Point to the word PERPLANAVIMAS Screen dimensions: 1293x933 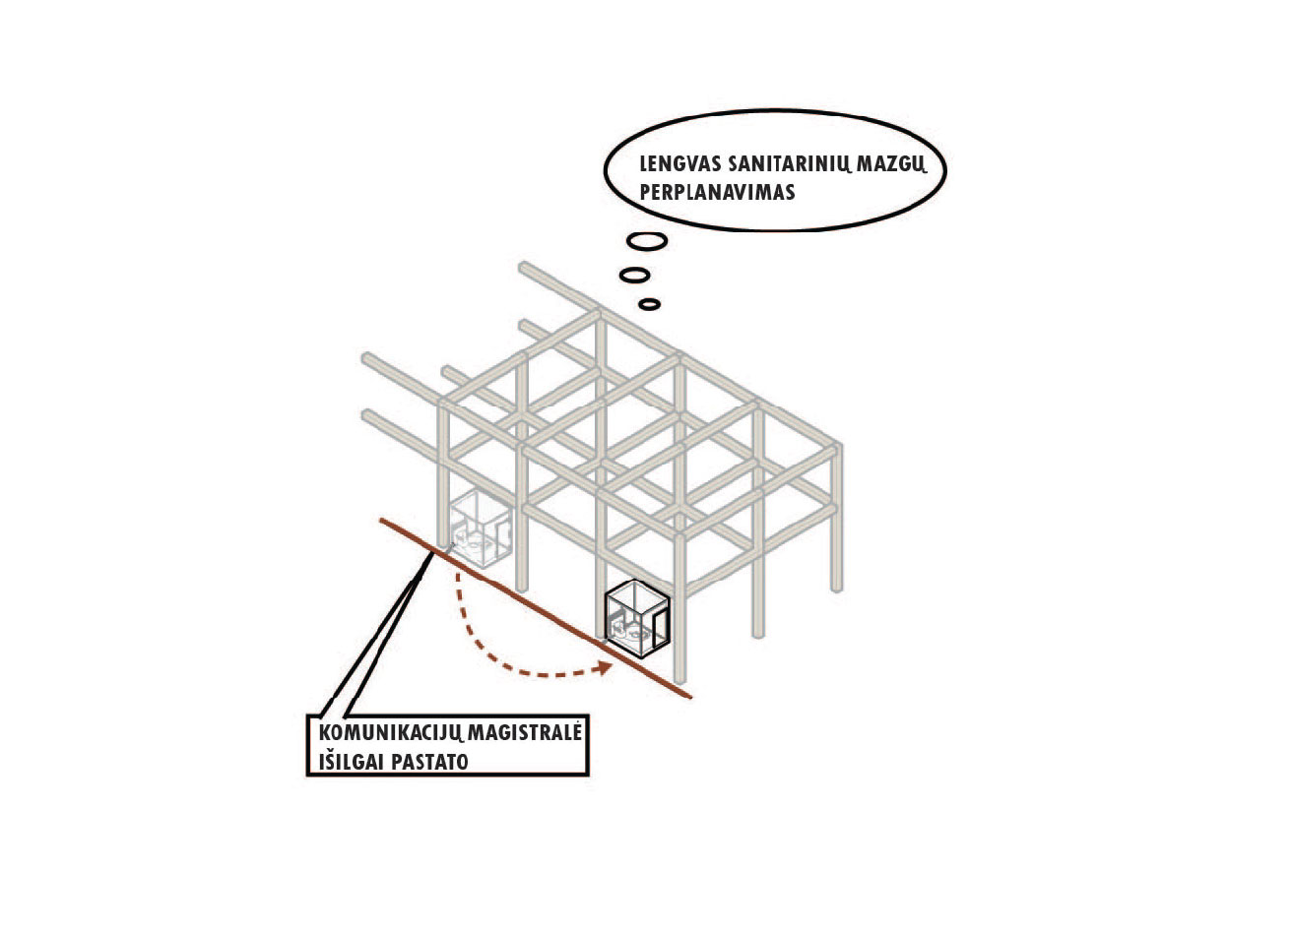coord(717,192)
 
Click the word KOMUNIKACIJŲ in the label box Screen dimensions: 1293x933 coord(390,733)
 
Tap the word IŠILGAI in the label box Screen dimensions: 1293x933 coord(352,761)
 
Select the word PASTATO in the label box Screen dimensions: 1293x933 coord(429,762)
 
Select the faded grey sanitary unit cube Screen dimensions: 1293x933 coord(481,528)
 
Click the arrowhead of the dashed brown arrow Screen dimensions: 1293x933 coord(606,668)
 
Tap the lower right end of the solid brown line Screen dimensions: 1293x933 coord(690,697)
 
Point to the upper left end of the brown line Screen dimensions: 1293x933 coord(381,520)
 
